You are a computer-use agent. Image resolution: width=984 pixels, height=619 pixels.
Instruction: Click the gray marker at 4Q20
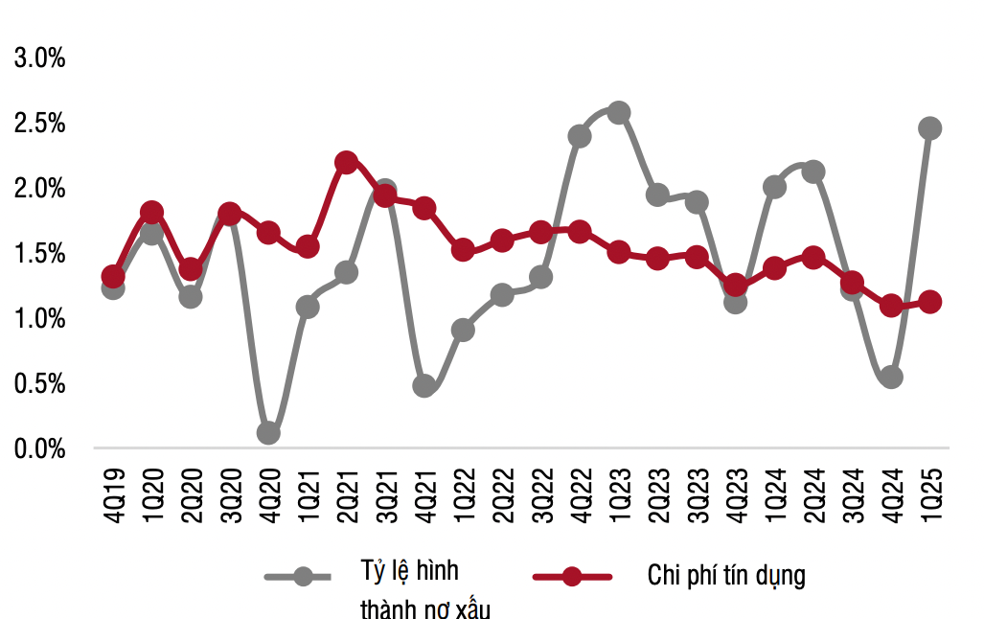point(268,432)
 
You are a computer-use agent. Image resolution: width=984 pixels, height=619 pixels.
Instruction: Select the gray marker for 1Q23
point(618,113)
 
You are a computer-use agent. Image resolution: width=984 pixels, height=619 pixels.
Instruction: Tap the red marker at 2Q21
point(346,162)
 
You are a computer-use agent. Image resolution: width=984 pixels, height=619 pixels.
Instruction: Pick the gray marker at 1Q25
point(929,128)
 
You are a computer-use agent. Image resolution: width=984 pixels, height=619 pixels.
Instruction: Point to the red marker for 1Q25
point(929,302)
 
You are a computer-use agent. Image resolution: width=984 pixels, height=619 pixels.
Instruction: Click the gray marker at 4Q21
point(424,386)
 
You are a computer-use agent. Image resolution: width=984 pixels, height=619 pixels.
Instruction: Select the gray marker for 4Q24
point(891,377)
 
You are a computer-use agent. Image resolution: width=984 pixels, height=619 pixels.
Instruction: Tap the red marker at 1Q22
point(463,250)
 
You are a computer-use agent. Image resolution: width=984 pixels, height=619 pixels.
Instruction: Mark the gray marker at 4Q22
point(580,136)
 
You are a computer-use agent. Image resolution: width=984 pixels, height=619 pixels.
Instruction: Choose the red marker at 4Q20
point(268,233)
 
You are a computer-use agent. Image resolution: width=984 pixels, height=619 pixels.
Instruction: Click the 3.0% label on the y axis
point(39,58)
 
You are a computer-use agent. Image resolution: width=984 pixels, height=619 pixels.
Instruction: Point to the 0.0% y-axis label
point(39,447)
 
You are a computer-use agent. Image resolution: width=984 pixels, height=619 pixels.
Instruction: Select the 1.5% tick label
point(39,253)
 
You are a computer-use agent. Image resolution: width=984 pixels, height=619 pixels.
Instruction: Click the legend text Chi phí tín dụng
point(726,576)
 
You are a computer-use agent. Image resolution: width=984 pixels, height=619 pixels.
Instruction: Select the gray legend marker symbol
point(303,576)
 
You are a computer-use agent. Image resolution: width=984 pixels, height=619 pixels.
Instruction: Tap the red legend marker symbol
point(572,576)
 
